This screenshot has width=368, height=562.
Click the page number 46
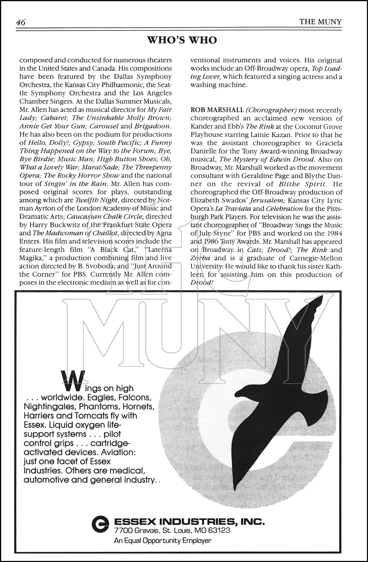(21, 22)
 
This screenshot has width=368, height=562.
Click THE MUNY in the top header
(320, 22)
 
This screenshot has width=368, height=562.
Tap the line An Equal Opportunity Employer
(162, 541)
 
